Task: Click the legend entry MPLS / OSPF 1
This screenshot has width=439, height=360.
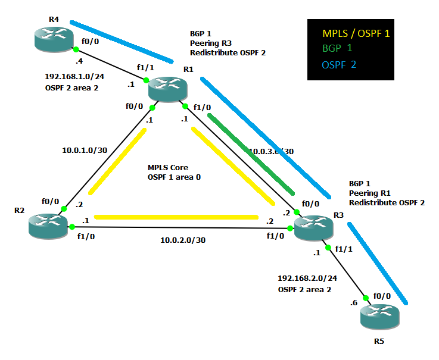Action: coord(356,34)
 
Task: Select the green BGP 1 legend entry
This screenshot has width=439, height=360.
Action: coord(337,48)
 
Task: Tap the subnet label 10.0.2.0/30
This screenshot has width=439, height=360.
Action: coord(184,240)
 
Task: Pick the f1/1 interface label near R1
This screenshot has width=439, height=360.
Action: coord(145,68)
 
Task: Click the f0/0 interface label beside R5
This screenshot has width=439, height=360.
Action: coord(382,295)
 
